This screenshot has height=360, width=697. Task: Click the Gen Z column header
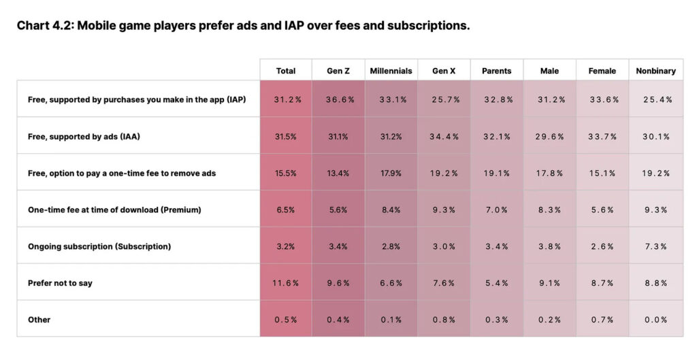pyautogui.click(x=338, y=71)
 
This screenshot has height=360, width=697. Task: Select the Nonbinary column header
pyautogui.click(x=656, y=71)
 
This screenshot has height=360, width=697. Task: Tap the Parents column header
pyautogui.click(x=497, y=71)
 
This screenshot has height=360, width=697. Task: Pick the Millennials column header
pyautogui.click(x=391, y=71)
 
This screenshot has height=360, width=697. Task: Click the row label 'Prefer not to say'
pyautogui.click(x=60, y=282)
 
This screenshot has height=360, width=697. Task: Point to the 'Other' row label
pyautogui.click(x=39, y=319)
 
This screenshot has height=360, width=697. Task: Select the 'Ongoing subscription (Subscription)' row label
pyautogui.click(x=99, y=246)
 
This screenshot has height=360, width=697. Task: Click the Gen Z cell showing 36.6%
pyautogui.click(x=338, y=99)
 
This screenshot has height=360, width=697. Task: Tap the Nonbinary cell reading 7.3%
pyautogui.click(x=656, y=246)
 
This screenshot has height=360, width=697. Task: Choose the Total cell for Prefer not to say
pyautogui.click(x=286, y=283)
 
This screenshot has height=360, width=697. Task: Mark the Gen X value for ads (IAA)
pyautogui.click(x=444, y=136)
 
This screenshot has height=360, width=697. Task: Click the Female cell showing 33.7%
pyautogui.click(x=602, y=136)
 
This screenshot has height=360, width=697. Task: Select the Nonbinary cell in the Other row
pyautogui.click(x=656, y=320)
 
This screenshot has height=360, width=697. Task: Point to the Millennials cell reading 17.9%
pyautogui.click(x=391, y=173)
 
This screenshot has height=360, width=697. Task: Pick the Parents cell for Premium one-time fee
pyautogui.click(x=497, y=210)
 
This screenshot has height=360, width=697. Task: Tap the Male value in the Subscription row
pyautogui.click(x=549, y=246)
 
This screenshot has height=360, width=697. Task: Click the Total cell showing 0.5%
pyautogui.click(x=286, y=320)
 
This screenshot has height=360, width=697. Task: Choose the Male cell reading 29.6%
pyautogui.click(x=549, y=136)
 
